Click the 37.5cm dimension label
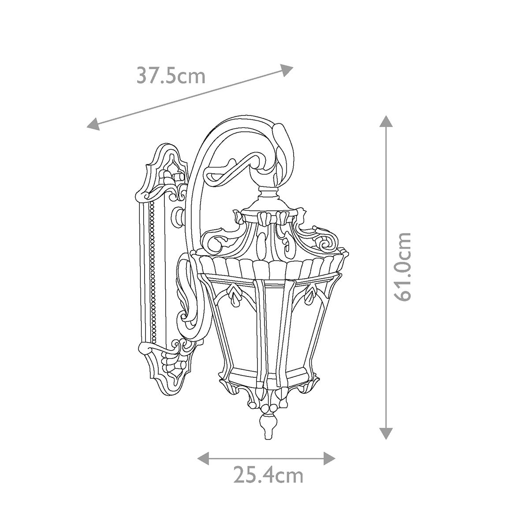point(171,75)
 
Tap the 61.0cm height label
point(403,267)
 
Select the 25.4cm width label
point(268,476)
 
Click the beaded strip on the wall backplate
point(153,273)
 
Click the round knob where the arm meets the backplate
point(180,216)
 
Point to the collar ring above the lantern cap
point(268,193)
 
